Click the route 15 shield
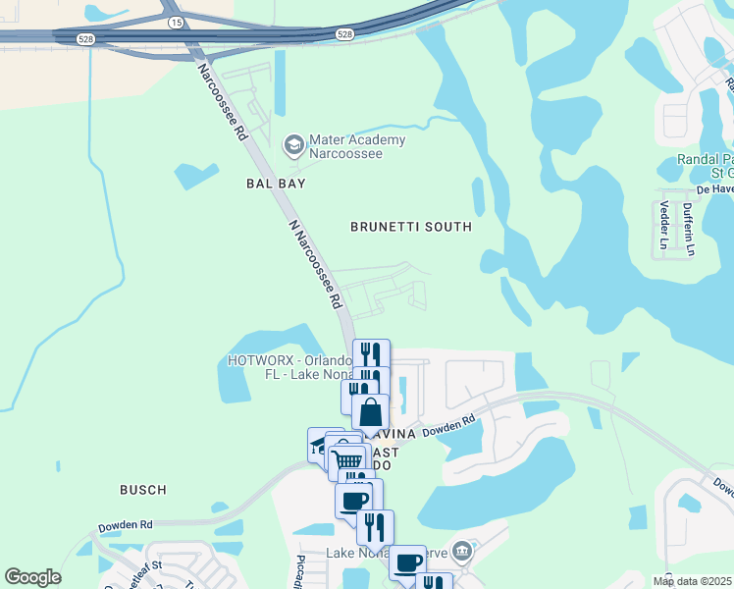point(176,21)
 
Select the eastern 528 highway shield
point(344,33)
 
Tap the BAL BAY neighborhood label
point(276,184)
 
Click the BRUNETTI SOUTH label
point(411,227)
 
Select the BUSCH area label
point(142,489)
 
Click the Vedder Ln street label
point(664,225)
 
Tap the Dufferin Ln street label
point(689,229)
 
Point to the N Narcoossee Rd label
point(315,262)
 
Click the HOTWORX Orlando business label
point(288,367)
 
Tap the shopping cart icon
point(346,458)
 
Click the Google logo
point(32,577)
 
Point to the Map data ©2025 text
point(693,581)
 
